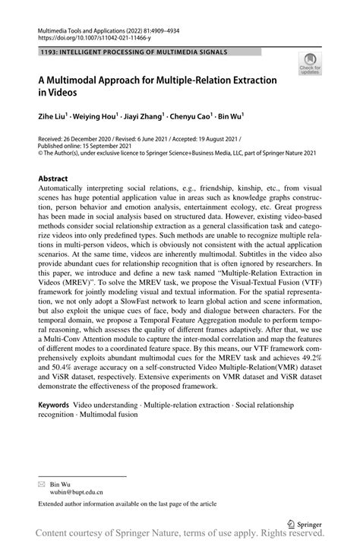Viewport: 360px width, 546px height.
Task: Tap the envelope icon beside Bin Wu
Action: point(43,482)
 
